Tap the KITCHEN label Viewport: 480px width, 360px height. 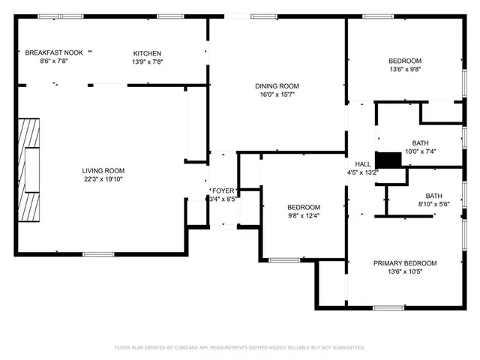(x=147, y=53)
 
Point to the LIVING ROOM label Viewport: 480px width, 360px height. (x=103, y=171)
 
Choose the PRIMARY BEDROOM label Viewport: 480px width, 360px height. (x=405, y=263)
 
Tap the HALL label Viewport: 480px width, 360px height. (x=362, y=163)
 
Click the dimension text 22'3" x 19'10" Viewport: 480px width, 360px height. (x=103, y=179)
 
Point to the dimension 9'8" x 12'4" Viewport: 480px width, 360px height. (x=304, y=216)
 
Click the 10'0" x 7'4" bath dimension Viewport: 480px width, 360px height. (x=419, y=151)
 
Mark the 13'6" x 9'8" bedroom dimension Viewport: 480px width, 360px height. (x=404, y=70)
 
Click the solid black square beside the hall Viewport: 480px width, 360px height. (x=388, y=160)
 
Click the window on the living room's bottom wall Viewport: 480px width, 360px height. (x=97, y=254)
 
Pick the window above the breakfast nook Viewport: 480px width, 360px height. (x=50, y=16)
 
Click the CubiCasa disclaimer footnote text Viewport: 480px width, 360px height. (x=239, y=347)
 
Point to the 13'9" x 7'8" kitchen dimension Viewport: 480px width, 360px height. (x=147, y=61)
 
